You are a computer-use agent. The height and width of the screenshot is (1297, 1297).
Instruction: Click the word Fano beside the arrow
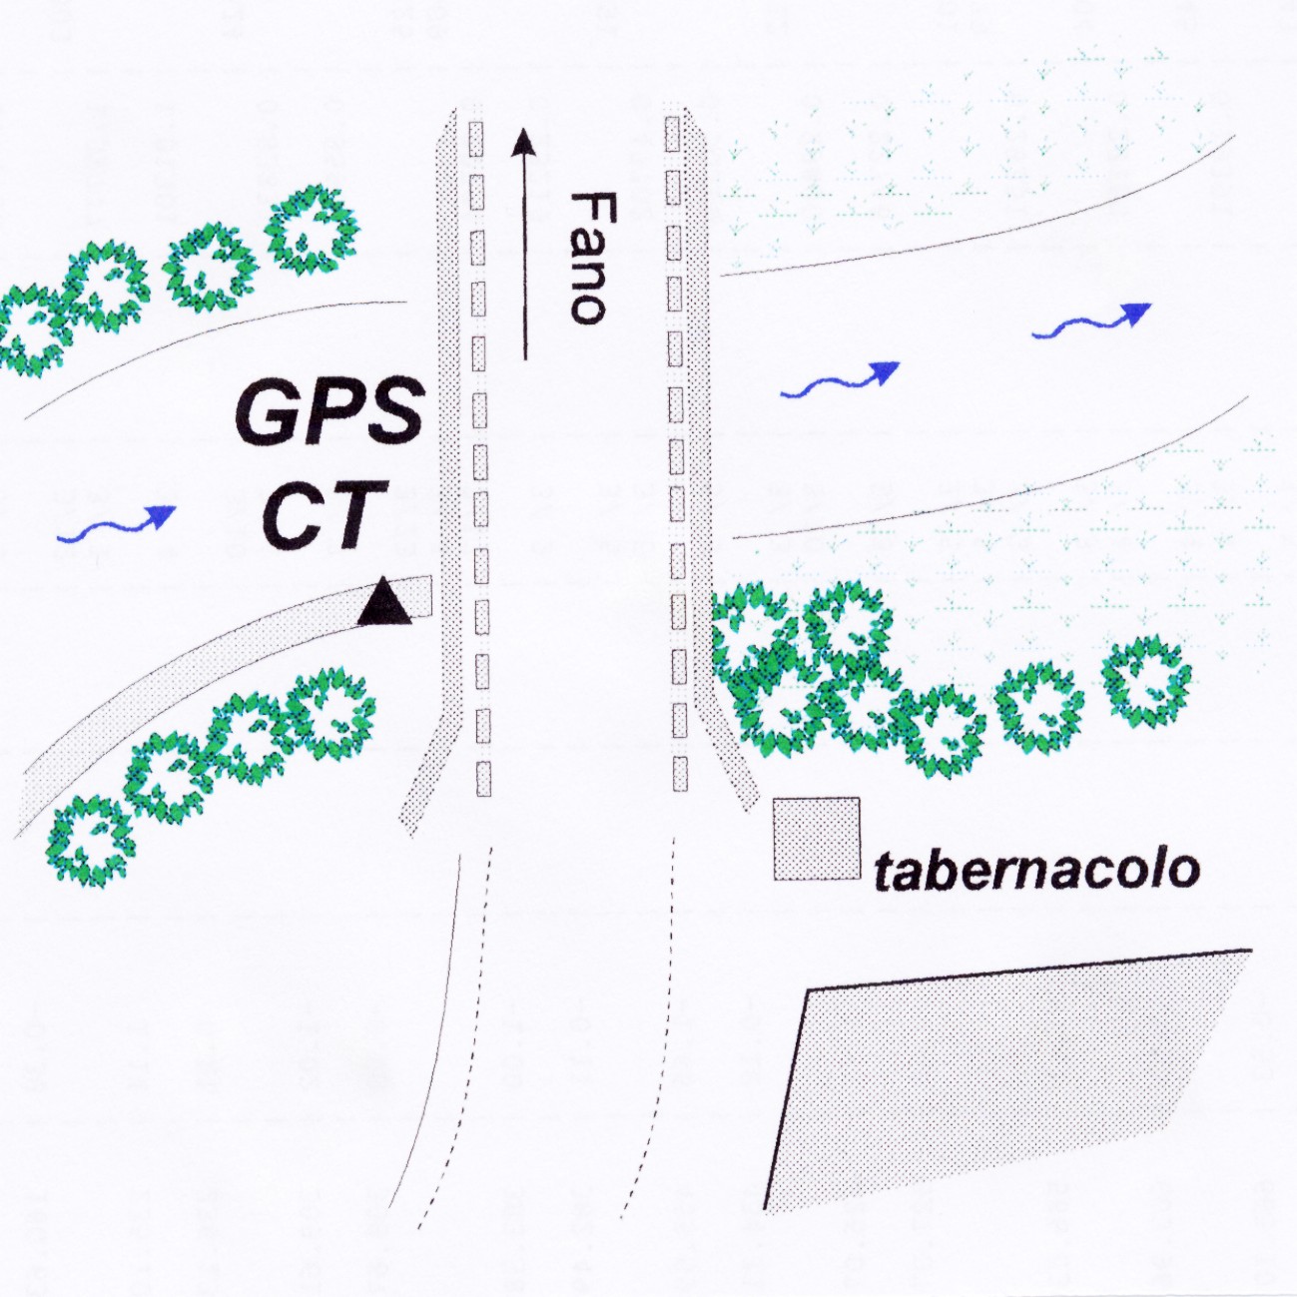point(588,258)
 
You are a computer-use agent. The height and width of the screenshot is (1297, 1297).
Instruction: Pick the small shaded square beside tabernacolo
point(817,839)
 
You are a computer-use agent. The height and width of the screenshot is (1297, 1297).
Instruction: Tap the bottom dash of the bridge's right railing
point(681,774)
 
